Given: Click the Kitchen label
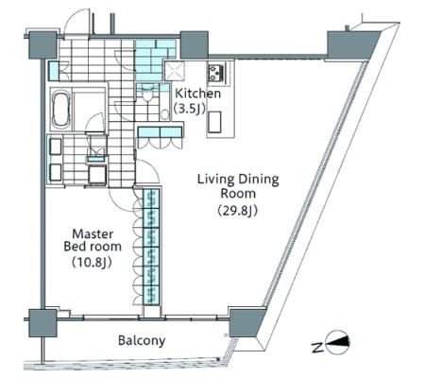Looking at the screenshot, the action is [x=197, y=94].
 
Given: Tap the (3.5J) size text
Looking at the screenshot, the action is [x=190, y=108].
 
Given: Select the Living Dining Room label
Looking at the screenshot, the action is [x=238, y=186].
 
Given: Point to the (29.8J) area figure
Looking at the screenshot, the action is [x=238, y=211].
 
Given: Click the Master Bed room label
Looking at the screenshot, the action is [x=93, y=240].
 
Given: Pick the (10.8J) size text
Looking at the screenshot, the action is [x=92, y=262].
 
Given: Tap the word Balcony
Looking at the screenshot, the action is [x=142, y=340].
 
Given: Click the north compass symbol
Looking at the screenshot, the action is [x=338, y=342].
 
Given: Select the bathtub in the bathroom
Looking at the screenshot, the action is [x=61, y=109].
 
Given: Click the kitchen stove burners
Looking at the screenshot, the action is [x=216, y=73].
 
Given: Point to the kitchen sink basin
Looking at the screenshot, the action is [x=214, y=122].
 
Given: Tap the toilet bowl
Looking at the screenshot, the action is [x=146, y=94].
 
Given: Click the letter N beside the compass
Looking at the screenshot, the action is [x=317, y=348].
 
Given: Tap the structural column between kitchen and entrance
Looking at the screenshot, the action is [x=195, y=45].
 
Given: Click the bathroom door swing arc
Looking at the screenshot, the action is [x=94, y=123].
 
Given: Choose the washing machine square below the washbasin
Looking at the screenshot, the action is [x=97, y=174].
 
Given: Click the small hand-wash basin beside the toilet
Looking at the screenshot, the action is [x=164, y=114].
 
